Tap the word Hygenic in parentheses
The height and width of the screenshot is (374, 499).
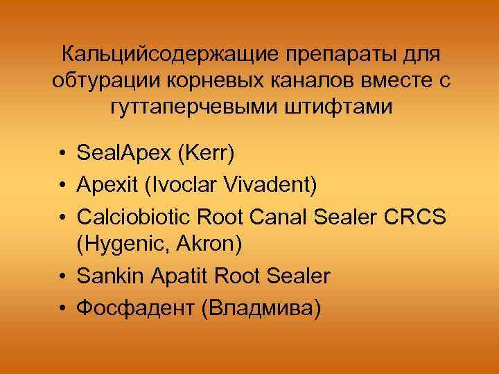click(x=124, y=245)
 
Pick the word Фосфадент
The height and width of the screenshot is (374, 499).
click(x=136, y=308)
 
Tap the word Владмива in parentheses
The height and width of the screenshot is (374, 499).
click(x=261, y=308)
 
